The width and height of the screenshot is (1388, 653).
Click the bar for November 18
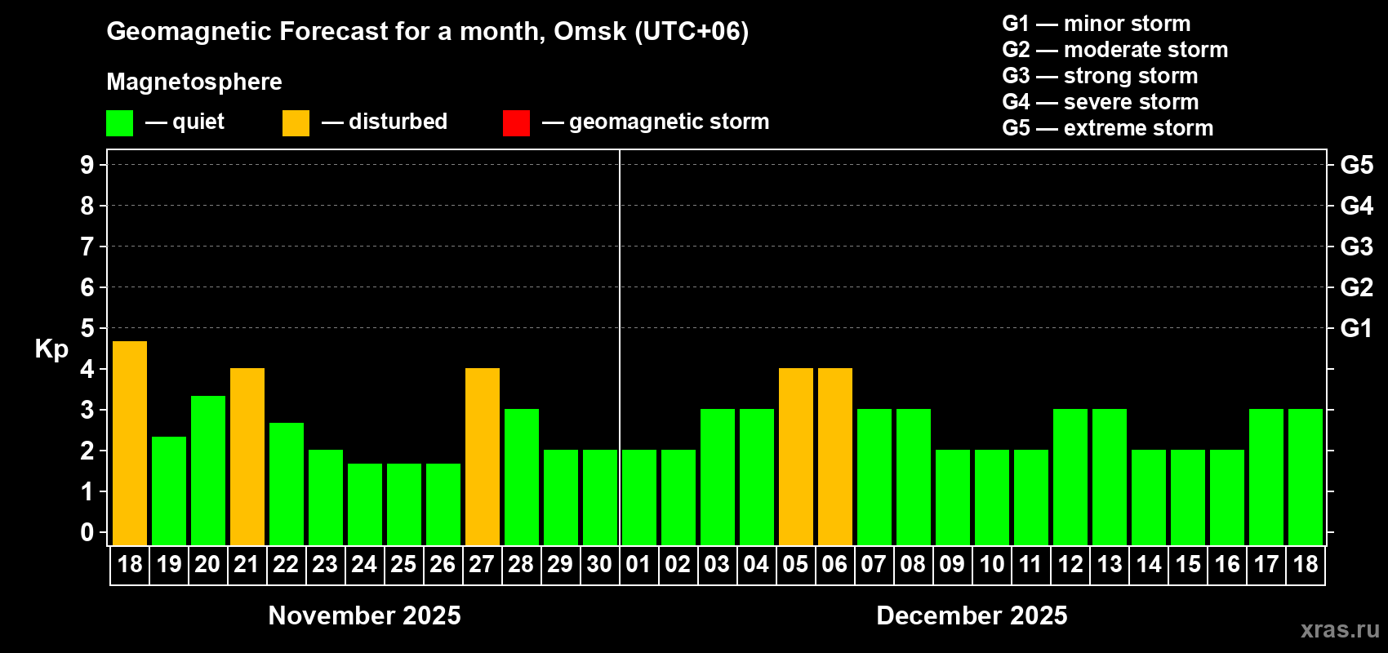(x=130, y=443)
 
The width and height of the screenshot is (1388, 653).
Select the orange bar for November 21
(x=247, y=456)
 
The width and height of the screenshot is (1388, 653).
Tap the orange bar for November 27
(x=483, y=456)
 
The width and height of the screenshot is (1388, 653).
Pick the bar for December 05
(x=796, y=456)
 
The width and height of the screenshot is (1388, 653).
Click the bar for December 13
(x=1110, y=477)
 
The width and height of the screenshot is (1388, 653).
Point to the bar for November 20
(x=208, y=470)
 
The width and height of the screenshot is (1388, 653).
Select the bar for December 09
(x=953, y=497)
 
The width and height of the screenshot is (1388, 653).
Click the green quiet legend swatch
(x=120, y=123)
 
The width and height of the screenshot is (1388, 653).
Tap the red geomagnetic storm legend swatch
(x=516, y=123)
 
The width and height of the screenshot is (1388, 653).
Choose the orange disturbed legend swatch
(x=296, y=123)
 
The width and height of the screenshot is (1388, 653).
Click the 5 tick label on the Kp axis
(x=87, y=328)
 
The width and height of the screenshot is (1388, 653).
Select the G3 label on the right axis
(x=1356, y=247)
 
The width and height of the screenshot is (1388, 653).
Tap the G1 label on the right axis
(x=1356, y=328)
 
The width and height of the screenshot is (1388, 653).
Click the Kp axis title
(x=51, y=349)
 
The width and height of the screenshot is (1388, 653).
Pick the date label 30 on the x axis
(x=599, y=565)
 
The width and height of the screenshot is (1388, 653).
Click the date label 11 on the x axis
(x=1030, y=565)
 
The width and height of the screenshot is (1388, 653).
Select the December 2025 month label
(x=972, y=615)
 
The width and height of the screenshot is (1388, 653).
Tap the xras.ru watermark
(x=1340, y=629)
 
